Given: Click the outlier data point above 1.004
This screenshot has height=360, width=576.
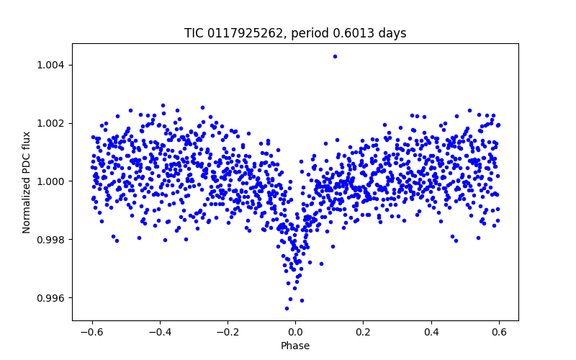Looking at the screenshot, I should click(335, 56).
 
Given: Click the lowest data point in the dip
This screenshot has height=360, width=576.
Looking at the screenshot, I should click(287, 308).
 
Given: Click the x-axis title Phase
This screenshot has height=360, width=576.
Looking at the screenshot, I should click(295, 346).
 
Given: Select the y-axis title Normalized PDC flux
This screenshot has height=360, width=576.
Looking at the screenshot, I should click(27, 181).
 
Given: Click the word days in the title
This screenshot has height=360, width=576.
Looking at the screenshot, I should click(393, 33).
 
